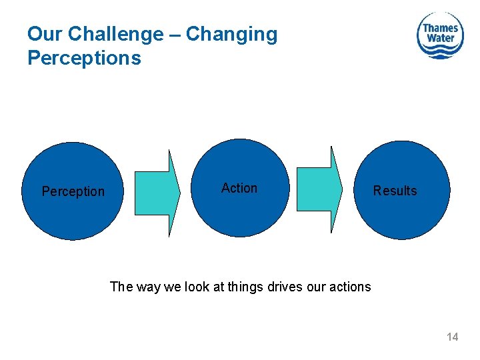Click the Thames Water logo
pyautogui.click(x=440, y=35)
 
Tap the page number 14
pyautogui.click(x=452, y=337)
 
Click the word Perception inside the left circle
pyautogui.click(x=73, y=191)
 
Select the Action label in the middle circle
pyautogui.click(x=239, y=188)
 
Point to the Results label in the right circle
pyautogui.click(x=395, y=191)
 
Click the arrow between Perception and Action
pyautogui.click(x=158, y=193)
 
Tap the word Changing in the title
pyautogui.click(x=231, y=34)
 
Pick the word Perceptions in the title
pyautogui.click(x=84, y=58)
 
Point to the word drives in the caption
pyautogui.click(x=283, y=287)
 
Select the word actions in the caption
pyautogui.click(x=348, y=287)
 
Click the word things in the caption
pyautogui.click(x=246, y=287)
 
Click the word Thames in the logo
pyautogui.click(x=441, y=27)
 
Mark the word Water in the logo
pyautogui.click(x=441, y=38)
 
